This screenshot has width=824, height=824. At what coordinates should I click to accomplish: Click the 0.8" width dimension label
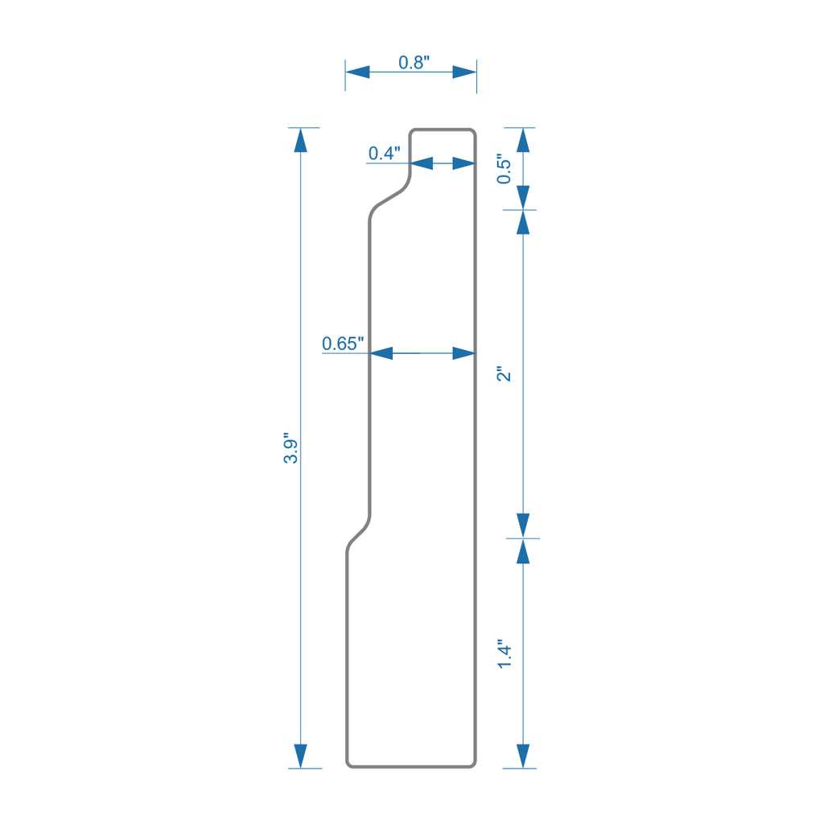coord(414,63)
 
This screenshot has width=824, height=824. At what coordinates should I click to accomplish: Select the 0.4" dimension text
coord(384,153)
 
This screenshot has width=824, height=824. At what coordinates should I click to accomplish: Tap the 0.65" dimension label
coord(343,344)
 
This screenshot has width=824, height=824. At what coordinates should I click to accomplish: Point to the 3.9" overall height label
coord(290,448)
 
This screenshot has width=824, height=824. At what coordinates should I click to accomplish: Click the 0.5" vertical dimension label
coord(504,169)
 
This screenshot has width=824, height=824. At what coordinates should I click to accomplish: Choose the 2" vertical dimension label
coord(504,373)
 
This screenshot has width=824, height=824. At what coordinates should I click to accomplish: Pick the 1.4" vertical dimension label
coord(504,654)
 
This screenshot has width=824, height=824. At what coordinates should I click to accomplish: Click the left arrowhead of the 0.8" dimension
coord(357,72)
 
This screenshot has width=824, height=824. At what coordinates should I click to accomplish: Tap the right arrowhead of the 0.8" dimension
coord(464,72)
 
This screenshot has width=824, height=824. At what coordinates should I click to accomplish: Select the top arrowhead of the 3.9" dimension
coord(301,140)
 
